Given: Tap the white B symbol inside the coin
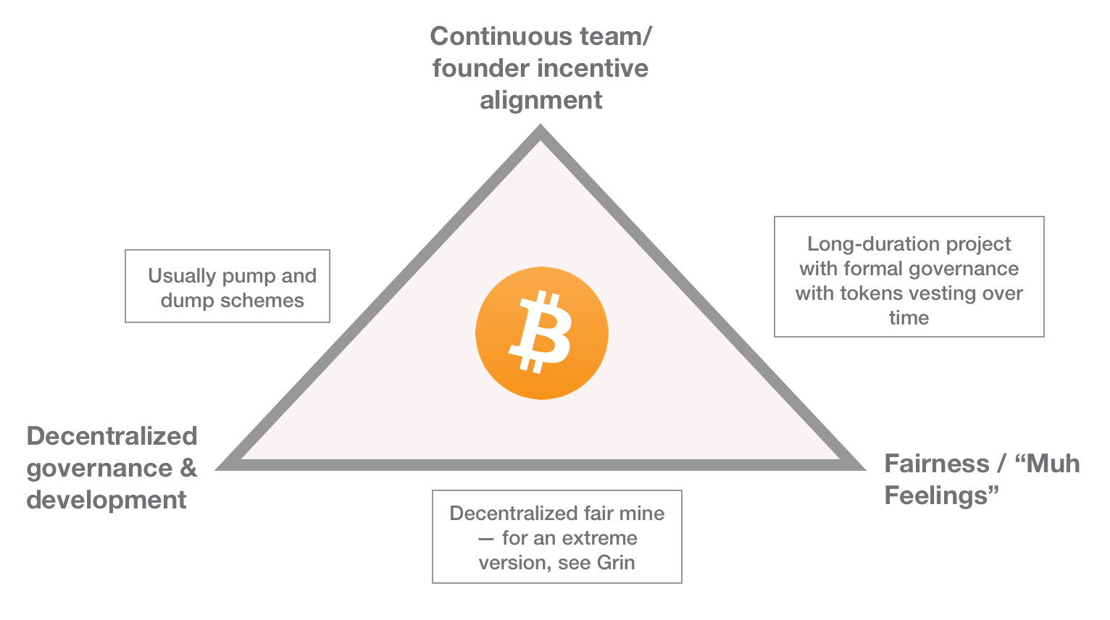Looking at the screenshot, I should pos(541,332).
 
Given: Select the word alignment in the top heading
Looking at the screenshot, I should pos(541,100).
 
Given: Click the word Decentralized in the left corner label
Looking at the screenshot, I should pos(112,436).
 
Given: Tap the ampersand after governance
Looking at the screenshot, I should pos(188,468).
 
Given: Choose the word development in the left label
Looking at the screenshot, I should pos(107,500).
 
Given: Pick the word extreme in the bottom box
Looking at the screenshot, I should pos(599,538).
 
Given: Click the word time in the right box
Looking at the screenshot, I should pos(909,318).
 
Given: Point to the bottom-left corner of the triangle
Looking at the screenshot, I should pos(221,466).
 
